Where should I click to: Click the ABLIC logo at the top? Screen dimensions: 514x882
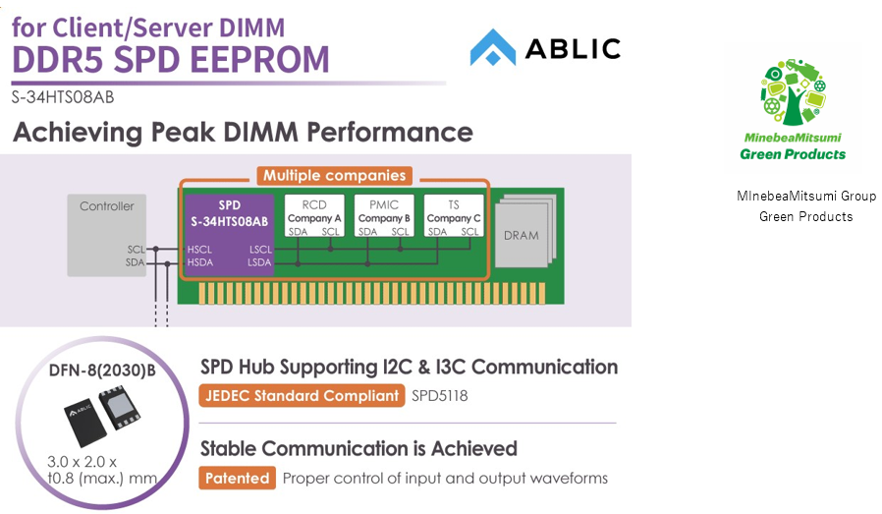[x=544, y=47]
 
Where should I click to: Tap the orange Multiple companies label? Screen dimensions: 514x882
[x=333, y=177]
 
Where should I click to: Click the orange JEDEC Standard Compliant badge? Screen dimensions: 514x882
[x=302, y=396]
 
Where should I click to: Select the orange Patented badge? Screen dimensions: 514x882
[x=237, y=479]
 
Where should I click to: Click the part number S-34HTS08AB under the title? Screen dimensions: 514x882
[x=63, y=96]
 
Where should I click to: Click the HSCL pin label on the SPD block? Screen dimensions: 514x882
[x=199, y=251]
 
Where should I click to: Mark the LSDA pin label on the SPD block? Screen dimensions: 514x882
[x=260, y=262]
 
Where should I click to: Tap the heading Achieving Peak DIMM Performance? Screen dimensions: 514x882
[x=243, y=132]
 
